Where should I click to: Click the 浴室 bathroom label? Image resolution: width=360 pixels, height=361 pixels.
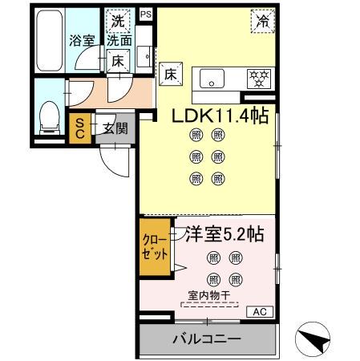pyautogui.click(x=81, y=39)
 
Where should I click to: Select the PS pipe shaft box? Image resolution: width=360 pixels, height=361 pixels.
pyautogui.click(x=145, y=14)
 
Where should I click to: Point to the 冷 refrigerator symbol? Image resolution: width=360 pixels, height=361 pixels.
pyautogui.click(x=261, y=22)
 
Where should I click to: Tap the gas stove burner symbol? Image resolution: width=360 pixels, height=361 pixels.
pyautogui.click(x=258, y=79)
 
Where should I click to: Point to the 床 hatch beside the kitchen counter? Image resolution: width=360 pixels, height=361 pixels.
pyautogui.click(x=170, y=73)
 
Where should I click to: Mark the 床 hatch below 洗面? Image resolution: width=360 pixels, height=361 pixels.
pyautogui.click(x=117, y=59)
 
